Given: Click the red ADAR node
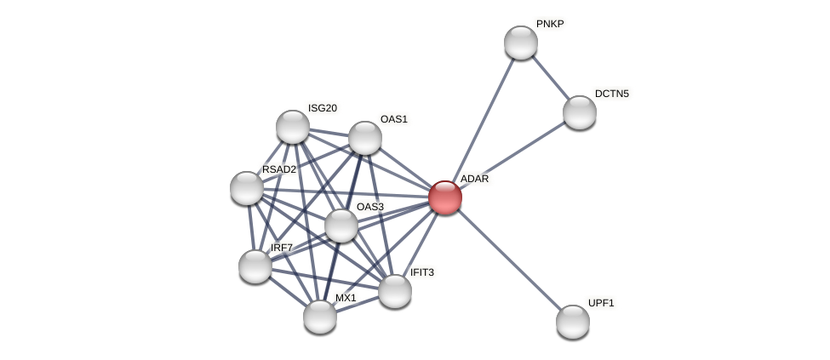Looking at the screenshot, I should pyautogui.click(x=445, y=197).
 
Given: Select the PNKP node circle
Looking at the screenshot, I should pyautogui.click(x=521, y=43).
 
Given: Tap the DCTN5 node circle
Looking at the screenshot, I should pyautogui.click(x=580, y=112).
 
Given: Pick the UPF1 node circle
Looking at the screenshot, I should pyautogui.click(x=573, y=322).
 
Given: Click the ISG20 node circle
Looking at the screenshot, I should pyautogui.click(x=293, y=127).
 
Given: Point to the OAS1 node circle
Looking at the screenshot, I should pyautogui.click(x=365, y=138).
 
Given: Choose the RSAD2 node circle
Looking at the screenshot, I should pyautogui.click(x=247, y=188).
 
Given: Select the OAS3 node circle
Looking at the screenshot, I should pyautogui.click(x=341, y=226).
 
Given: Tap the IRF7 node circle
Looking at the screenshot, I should pyautogui.click(x=255, y=266).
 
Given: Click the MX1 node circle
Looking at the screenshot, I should pyautogui.click(x=320, y=317).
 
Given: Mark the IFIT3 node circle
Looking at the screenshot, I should pyautogui.click(x=395, y=291).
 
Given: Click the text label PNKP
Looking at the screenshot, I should pyautogui.click(x=550, y=24).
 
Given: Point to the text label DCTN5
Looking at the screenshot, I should pyautogui.click(x=611, y=94).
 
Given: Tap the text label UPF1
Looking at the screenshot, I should pyautogui.click(x=601, y=303).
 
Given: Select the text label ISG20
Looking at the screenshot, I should pyautogui.click(x=323, y=108).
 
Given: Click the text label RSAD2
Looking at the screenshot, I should pyautogui.click(x=278, y=169).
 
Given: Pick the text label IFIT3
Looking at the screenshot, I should pyautogui.click(x=421, y=272).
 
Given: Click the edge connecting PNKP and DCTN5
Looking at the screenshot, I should pyautogui.click(x=551, y=77).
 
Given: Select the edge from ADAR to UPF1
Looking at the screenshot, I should pyautogui.click(x=509, y=260).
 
